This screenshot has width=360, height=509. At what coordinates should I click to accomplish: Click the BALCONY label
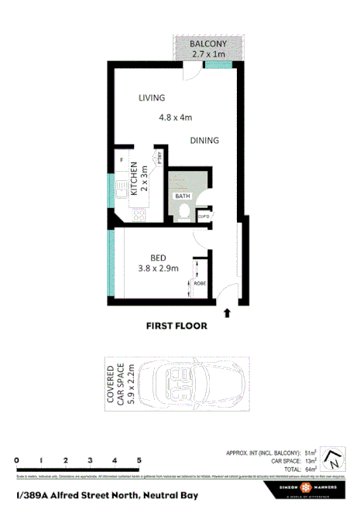tap(208, 45)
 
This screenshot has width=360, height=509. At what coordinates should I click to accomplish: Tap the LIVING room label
tap(153, 98)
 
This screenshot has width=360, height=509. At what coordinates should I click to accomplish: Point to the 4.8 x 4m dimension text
tap(175, 118)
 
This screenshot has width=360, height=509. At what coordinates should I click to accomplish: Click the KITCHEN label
tap(134, 179)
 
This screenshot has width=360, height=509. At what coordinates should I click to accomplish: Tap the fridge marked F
tap(122, 160)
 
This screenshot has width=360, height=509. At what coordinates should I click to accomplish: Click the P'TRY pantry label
tap(159, 157)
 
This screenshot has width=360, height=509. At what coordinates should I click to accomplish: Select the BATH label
tap(182, 196)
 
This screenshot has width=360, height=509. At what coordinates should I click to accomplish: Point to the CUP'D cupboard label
tap(204, 217)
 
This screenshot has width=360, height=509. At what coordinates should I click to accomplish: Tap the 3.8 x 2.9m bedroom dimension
tap(158, 269)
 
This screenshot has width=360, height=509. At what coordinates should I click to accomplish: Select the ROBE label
tap(200, 284)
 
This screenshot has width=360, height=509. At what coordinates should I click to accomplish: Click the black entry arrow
tap(227, 313)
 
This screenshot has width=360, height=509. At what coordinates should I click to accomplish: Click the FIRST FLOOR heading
tap(177, 326)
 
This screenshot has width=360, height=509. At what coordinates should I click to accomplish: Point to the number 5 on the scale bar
tap(139, 459)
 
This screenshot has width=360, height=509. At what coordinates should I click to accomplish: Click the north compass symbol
tap(332, 459)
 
